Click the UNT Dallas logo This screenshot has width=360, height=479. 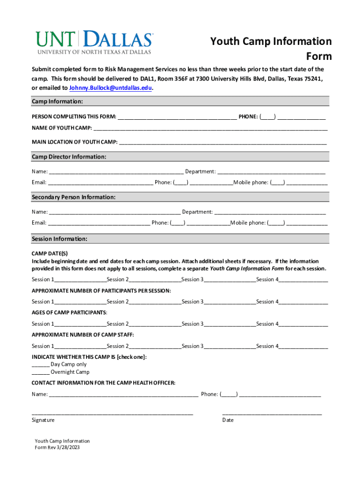[94, 42]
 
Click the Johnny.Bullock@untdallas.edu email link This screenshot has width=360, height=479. [110, 88]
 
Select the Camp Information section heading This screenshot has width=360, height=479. [58, 102]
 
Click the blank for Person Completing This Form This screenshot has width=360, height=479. [177, 116]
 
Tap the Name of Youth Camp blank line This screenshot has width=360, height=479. [210, 128]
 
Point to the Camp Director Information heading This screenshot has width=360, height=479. [69, 157]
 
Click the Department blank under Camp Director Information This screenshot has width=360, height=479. [271, 172]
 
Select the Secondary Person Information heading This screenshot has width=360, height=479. [73, 197]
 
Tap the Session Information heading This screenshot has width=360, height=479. [59, 239]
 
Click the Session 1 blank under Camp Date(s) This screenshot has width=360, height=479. [80, 280]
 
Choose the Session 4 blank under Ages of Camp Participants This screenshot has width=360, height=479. [303, 324]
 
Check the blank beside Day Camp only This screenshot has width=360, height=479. [40, 364]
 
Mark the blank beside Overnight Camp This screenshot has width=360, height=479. [40, 372]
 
